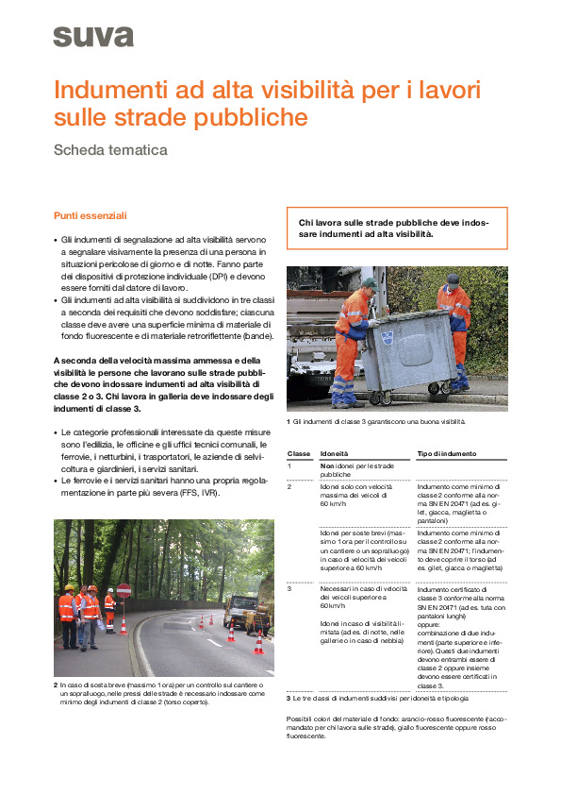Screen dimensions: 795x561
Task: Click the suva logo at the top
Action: point(93,37)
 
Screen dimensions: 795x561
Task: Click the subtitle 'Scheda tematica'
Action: point(110,149)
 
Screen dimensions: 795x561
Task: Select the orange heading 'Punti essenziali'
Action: point(90,215)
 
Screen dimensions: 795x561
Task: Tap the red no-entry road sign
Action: point(124,591)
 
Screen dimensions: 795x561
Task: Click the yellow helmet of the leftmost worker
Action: point(68,588)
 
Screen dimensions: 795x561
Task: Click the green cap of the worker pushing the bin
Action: point(370,282)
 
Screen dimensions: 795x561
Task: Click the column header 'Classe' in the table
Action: point(298,453)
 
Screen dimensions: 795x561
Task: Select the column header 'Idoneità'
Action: point(334,453)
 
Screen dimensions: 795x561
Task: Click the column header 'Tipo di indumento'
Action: point(447,453)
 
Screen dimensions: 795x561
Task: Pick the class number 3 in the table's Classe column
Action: point(289,588)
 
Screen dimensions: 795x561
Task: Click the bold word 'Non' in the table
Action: point(326,466)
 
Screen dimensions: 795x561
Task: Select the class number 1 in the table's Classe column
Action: point(289,466)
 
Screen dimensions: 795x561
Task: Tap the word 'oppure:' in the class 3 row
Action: point(429,622)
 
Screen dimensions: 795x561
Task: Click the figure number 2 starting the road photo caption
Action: point(56,684)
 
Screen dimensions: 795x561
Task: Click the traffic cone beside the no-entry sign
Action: point(124,625)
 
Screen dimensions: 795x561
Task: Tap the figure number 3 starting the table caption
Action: point(289,698)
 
